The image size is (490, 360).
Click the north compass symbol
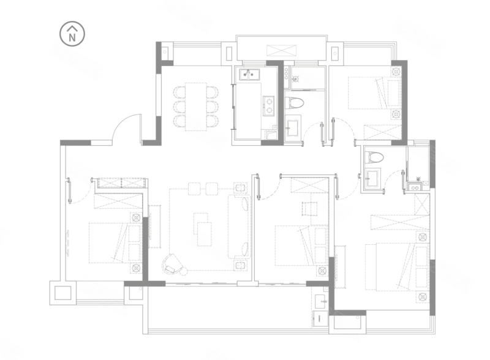(72, 34)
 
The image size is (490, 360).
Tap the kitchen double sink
(249, 74)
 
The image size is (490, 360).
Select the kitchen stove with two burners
(268, 106)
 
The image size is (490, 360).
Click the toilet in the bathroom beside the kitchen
(294, 103)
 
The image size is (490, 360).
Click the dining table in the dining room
(196, 107)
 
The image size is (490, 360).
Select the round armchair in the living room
(171, 264)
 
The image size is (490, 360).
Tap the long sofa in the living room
(239, 227)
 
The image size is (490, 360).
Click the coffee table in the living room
(202, 229)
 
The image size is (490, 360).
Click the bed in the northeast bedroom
(375, 93)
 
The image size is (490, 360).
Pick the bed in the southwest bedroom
(115, 243)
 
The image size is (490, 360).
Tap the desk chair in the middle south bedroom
(309, 209)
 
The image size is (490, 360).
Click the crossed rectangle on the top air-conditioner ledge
(281, 51)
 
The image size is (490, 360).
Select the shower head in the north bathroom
(295, 79)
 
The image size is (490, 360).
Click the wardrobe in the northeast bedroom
(383, 132)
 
